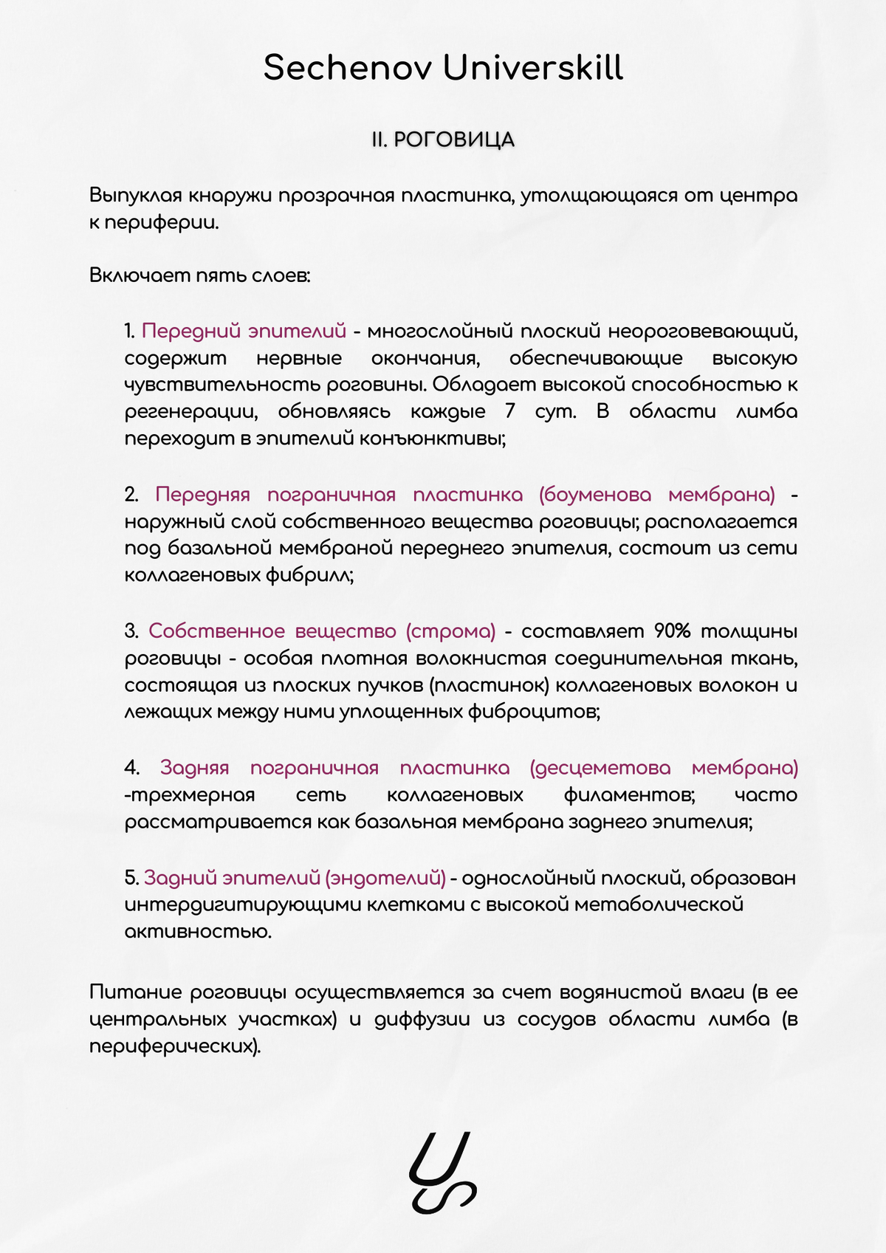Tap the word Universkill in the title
533,68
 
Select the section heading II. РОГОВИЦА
443,140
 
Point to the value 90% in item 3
672,631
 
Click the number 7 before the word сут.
510,411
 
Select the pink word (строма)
450,631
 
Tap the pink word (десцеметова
600,768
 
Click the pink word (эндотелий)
386,878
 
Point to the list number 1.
130,331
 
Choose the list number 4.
131,768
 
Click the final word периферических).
175,1047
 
